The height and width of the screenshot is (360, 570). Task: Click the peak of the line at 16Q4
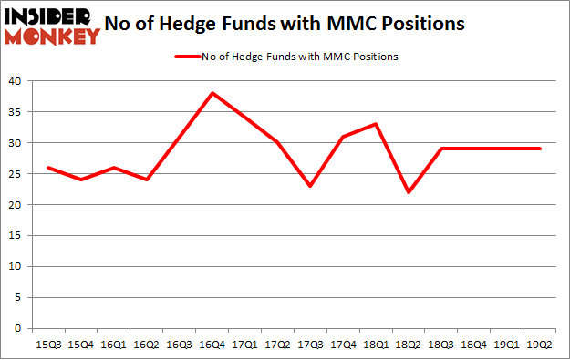point(212,93)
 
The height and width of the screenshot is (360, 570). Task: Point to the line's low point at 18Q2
point(409,192)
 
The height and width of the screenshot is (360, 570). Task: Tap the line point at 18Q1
point(376,124)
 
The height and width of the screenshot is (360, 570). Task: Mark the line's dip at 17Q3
point(310,186)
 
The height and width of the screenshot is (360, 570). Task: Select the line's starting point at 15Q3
point(48,168)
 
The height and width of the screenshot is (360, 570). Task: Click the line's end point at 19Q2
point(539,149)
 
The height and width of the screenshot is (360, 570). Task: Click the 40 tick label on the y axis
point(16,81)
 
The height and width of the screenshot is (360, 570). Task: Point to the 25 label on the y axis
point(16,174)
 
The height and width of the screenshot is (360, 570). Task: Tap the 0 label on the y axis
point(18,328)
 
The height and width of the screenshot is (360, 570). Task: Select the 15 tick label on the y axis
point(16,236)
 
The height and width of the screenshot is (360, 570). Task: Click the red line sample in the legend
point(187,57)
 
